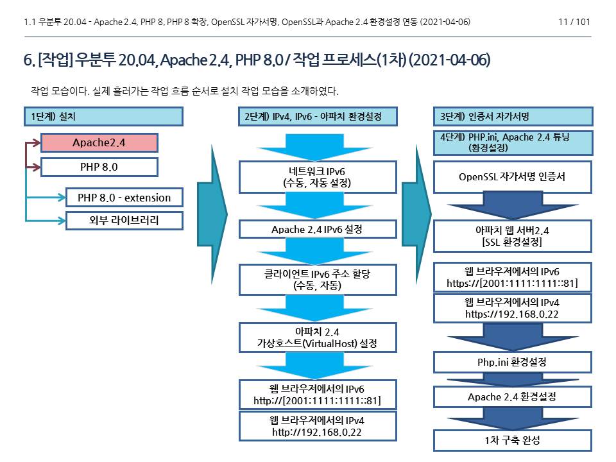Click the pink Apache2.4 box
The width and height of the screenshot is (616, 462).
click(99, 142)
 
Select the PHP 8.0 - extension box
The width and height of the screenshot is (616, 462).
click(124, 197)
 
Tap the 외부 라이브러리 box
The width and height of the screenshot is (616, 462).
click(124, 221)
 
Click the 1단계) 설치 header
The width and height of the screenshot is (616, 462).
click(103, 116)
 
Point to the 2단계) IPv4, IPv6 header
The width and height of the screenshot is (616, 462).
click(318, 116)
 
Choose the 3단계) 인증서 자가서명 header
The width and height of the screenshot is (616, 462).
click(513, 116)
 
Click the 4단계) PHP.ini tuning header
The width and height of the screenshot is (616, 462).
click(513, 142)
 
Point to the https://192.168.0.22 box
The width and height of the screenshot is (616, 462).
click(513, 308)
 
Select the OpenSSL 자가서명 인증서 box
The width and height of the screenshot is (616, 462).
click(513, 177)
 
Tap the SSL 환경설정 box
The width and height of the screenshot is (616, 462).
click(513, 236)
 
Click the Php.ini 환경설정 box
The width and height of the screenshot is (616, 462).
click(513, 362)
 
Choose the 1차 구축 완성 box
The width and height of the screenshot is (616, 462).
click(513, 440)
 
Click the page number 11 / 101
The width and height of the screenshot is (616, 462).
click(574, 22)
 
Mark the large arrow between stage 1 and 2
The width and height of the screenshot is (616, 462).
click(212, 209)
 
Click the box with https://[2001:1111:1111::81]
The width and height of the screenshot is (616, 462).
click(513, 277)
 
